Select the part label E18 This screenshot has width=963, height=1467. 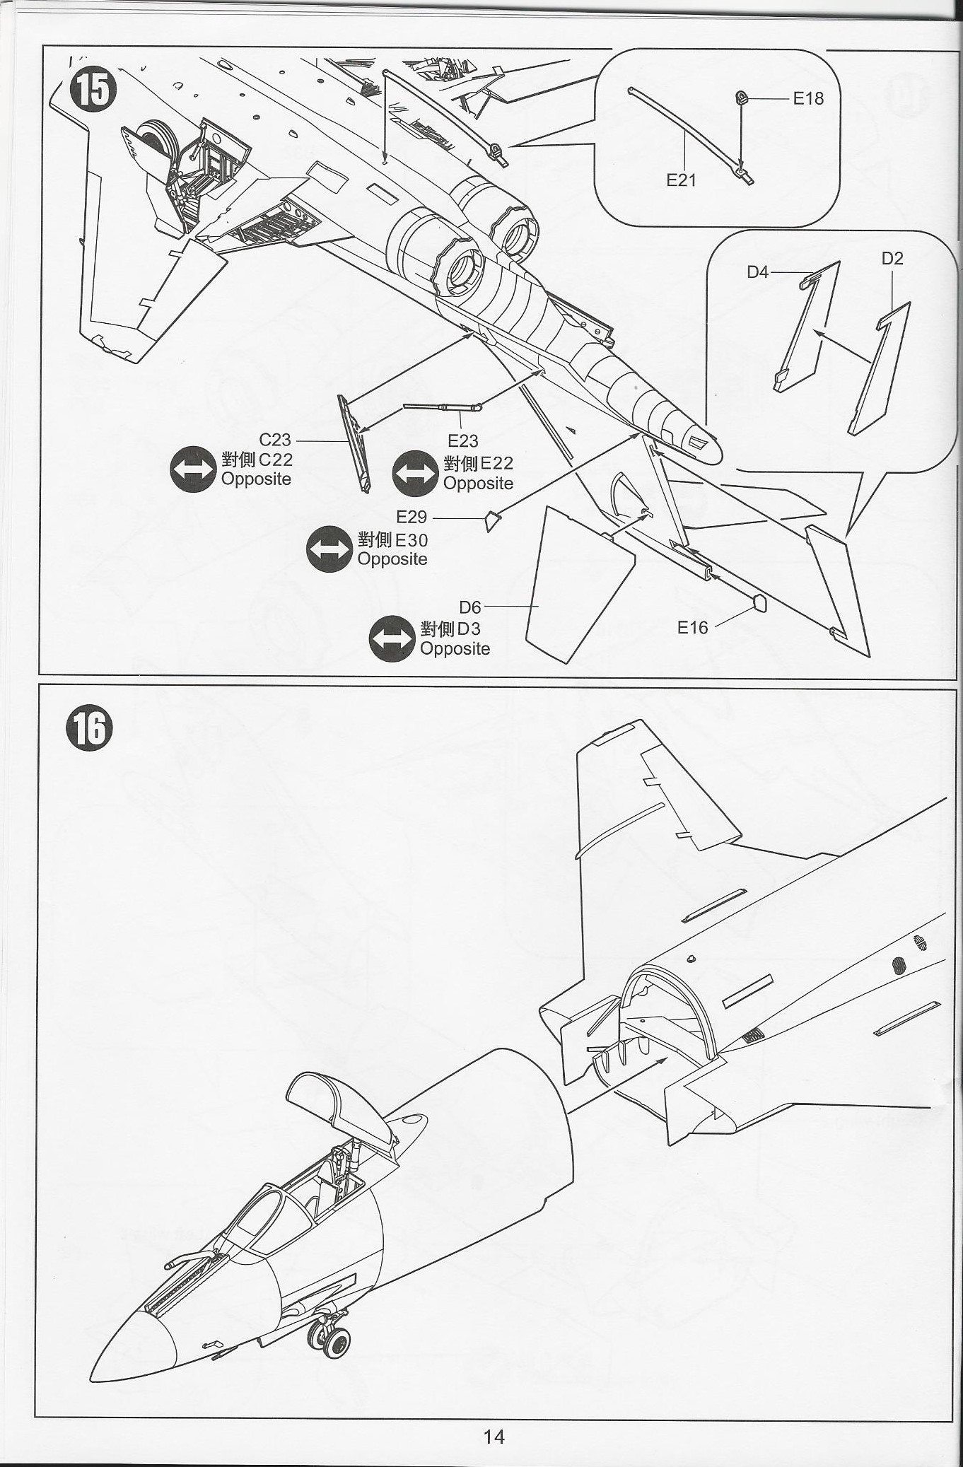pyautogui.click(x=807, y=98)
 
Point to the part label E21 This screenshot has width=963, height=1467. pyautogui.click(x=681, y=180)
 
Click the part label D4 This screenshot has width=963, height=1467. pyautogui.click(x=757, y=272)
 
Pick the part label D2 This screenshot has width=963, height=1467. pyautogui.click(x=892, y=259)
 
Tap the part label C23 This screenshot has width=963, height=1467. pyautogui.click(x=275, y=440)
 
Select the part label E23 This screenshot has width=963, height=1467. pyautogui.click(x=463, y=441)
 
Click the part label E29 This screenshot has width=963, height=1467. pyautogui.click(x=412, y=518)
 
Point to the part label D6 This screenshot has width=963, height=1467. pyautogui.click(x=470, y=607)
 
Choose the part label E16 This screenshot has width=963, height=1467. pyautogui.click(x=692, y=628)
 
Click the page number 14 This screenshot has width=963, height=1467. pyautogui.click(x=494, y=1437)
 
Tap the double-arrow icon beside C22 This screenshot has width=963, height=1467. pyautogui.click(x=193, y=469)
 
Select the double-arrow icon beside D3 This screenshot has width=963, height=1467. pyautogui.click(x=392, y=638)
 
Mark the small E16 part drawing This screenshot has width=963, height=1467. pyautogui.click(x=760, y=604)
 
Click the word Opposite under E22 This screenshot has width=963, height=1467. pyautogui.click(x=478, y=484)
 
